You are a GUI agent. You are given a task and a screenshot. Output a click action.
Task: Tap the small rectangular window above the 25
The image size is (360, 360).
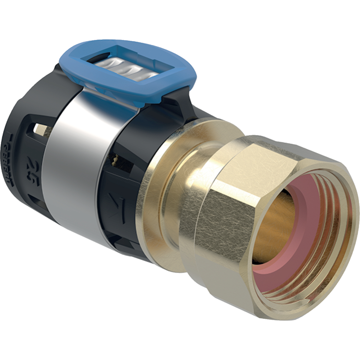[x=37, y=129]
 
